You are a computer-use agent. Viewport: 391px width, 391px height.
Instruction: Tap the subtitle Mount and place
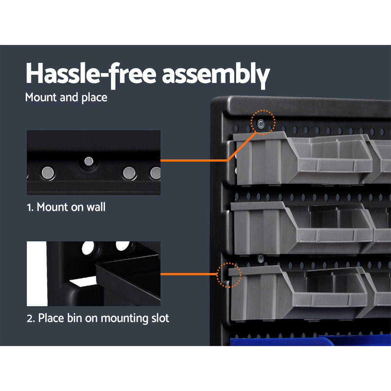click(66, 97)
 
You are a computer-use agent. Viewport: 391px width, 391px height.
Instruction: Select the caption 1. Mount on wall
click(66, 207)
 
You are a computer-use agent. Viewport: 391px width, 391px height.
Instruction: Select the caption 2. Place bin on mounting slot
click(98, 318)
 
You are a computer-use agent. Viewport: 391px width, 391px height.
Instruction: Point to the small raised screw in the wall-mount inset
click(89, 160)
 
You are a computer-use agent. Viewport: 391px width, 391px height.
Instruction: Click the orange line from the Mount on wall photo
click(195, 160)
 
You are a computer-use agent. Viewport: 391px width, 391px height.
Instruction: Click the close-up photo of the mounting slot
click(93, 274)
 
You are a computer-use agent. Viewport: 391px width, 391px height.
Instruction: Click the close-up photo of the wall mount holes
click(93, 163)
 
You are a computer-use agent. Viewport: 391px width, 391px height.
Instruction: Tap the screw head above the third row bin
click(260, 258)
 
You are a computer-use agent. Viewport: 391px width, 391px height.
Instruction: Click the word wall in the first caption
click(97, 207)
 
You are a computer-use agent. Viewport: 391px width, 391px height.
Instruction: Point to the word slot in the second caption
click(158, 318)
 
